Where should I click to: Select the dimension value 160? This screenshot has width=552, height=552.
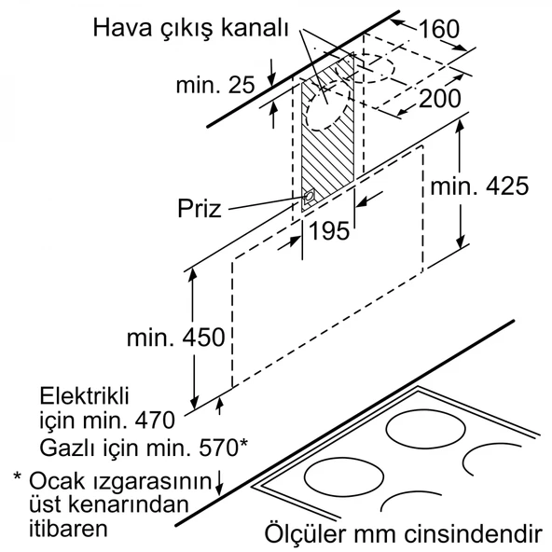click(438, 29)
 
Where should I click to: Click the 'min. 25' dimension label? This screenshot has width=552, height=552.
click(214, 86)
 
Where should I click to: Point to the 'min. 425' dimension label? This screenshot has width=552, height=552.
click(480, 186)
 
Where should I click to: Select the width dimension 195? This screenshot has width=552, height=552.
click(328, 231)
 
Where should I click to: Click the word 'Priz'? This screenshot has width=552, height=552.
click(199, 208)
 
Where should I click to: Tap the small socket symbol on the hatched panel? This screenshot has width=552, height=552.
click(309, 197)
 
